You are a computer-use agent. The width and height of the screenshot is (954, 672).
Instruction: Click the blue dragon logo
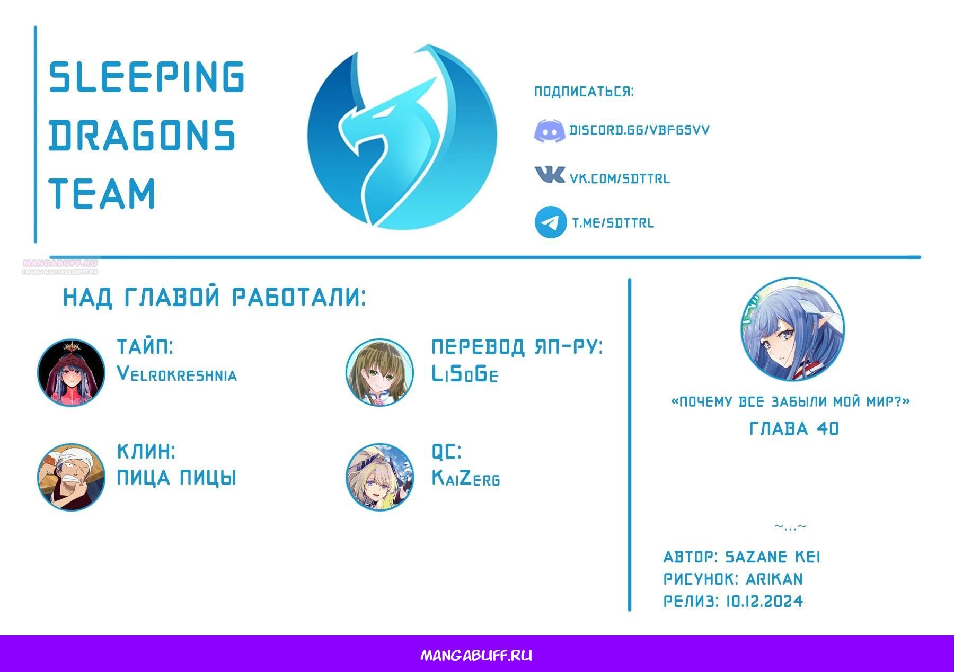point(402,137)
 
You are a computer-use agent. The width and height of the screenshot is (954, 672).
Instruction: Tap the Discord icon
point(549,131)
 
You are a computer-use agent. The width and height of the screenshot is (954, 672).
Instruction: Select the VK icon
point(550,175)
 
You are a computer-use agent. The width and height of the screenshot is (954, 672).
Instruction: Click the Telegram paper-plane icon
point(551,222)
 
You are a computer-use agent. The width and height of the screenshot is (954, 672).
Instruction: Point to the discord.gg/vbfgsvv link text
point(639,130)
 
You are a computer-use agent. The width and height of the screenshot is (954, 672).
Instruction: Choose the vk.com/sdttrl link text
point(620,178)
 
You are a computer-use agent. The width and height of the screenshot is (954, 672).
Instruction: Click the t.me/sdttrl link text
point(613,223)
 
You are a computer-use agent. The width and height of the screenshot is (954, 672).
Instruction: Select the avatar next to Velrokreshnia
point(71,372)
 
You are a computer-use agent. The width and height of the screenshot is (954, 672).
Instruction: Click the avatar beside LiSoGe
point(379,372)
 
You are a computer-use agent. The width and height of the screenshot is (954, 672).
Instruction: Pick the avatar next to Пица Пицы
point(71,477)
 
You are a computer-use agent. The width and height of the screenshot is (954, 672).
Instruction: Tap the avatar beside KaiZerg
point(379,477)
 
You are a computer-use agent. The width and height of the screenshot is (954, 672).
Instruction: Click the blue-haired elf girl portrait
point(793,329)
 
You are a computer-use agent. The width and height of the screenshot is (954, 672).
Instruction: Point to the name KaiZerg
point(466,478)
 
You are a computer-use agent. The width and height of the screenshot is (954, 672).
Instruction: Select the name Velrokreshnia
point(177,374)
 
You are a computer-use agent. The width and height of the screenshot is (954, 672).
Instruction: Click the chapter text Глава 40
point(794,428)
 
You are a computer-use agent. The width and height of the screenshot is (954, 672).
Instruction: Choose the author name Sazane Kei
point(772,557)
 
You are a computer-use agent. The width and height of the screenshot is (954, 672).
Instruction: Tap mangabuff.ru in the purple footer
point(476,656)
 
